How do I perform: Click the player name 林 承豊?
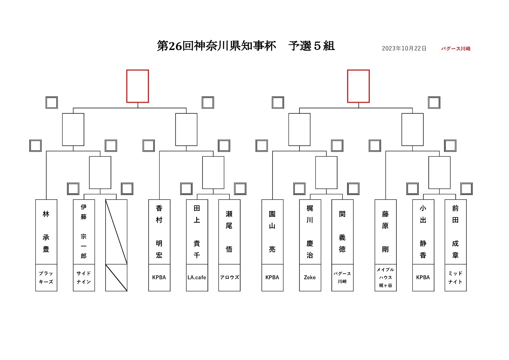pyautogui.click(x=46, y=232)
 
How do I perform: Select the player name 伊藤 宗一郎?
pyautogui.click(x=84, y=232)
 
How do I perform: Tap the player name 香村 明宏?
pyautogui.click(x=159, y=232)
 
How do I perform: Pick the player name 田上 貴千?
pyautogui.click(x=197, y=232)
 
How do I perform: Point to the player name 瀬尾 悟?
pyautogui.click(x=229, y=232)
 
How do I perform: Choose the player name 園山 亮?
pyautogui.click(x=272, y=232)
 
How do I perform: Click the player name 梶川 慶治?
pyautogui.click(x=310, y=232)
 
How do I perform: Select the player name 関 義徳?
pyautogui.click(x=342, y=232)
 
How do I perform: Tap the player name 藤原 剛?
pyautogui.click(x=385, y=232)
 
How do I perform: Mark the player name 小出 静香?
pyautogui.click(x=423, y=232)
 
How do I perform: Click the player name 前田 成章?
pyautogui.click(x=455, y=232)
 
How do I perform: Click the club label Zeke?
pyautogui.click(x=310, y=277)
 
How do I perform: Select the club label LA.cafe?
pyautogui.click(x=197, y=277)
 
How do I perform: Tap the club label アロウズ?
pyautogui.click(x=230, y=277)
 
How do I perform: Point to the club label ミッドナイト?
pyautogui.click(x=455, y=277)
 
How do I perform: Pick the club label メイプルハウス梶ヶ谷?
pyautogui.click(x=386, y=277)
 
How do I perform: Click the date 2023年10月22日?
pyautogui.click(x=404, y=48)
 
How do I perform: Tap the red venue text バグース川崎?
pyautogui.click(x=456, y=49)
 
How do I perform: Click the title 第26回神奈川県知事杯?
pyautogui.click(x=217, y=46)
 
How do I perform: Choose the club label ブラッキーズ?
pyautogui.click(x=46, y=277)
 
